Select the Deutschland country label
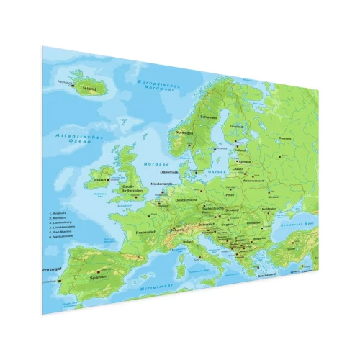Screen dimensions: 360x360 click(x=186, y=199)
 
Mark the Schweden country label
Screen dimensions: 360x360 click(x=209, y=117)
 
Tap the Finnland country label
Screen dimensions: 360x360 click(x=235, y=127)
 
